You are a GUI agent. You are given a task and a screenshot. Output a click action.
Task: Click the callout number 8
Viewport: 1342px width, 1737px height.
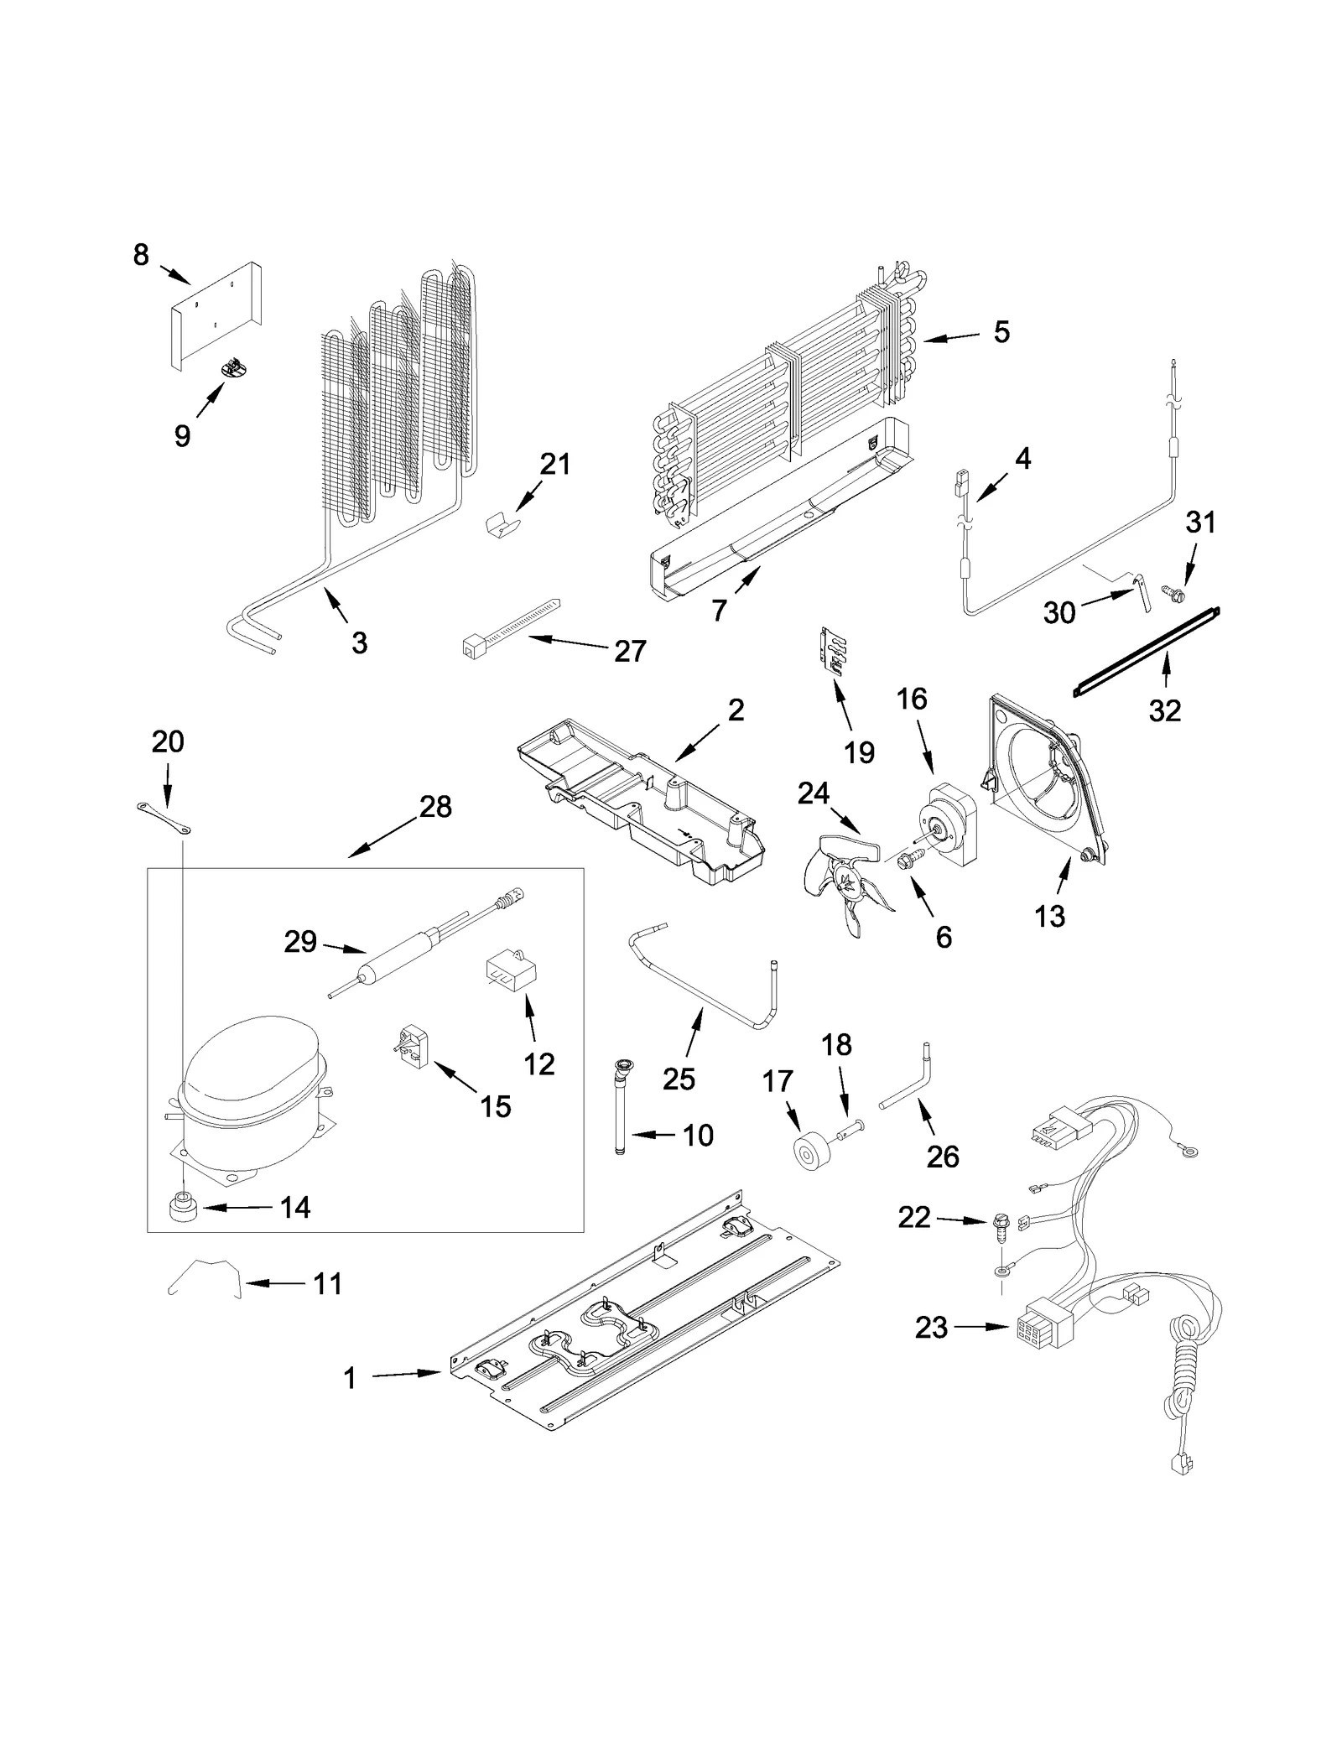pos(141,254)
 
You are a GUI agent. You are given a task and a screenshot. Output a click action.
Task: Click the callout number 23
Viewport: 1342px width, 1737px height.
pos(931,1328)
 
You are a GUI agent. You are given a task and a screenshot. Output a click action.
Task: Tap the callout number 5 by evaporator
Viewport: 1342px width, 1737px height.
pos(1001,332)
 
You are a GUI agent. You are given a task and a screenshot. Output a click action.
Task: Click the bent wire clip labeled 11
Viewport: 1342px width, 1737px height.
pos(204,1277)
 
